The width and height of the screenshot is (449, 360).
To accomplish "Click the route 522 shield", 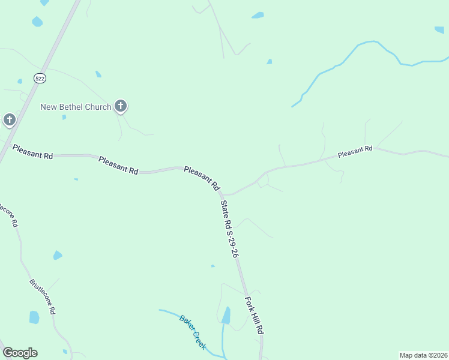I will click(x=40, y=78).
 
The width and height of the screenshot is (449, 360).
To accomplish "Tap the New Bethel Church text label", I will click(x=76, y=107).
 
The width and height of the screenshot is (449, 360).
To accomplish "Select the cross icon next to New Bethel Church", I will click(x=121, y=107).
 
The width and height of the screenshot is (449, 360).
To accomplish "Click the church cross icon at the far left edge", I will click(x=9, y=120).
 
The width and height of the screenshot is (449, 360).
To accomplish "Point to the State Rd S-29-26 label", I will click(x=230, y=229).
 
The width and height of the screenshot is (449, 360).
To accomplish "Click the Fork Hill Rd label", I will click(x=255, y=315).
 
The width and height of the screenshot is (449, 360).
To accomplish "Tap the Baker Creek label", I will click(x=193, y=332).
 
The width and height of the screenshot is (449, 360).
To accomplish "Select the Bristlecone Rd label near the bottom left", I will click(x=43, y=296).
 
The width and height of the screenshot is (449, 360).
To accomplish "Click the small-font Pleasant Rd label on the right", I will click(x=355, y=152).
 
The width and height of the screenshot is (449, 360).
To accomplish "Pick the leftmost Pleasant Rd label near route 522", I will click(x=32, y=151).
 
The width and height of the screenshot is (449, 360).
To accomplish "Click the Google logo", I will click(x=20, y=353).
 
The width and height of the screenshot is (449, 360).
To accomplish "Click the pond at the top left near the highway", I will click(x=37, y=22).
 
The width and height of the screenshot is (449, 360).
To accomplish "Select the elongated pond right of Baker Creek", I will click(x=226, y=316).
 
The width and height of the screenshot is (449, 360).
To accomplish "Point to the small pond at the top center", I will click(x=258, y=15).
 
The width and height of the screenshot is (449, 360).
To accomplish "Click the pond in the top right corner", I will click(x=439, y=29).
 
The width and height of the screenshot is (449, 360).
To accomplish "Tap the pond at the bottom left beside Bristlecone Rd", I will click(x=34, y=317).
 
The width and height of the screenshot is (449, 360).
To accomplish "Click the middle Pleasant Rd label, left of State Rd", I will click(x=118, y=166).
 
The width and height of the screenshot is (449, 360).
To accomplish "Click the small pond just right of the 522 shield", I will click(x=98, y=74).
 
